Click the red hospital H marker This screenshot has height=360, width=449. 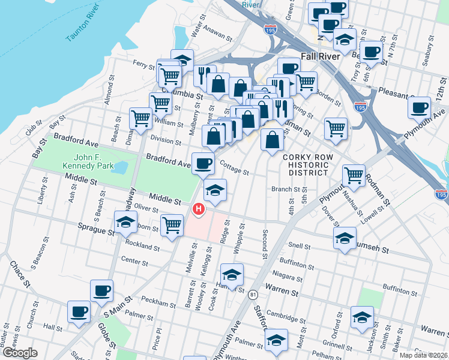198,209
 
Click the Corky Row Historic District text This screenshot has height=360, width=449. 306,164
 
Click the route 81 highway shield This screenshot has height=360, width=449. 253,295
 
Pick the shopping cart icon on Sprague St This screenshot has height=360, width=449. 172,226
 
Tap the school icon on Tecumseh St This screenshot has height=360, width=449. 345,238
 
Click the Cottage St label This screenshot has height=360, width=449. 234,167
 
